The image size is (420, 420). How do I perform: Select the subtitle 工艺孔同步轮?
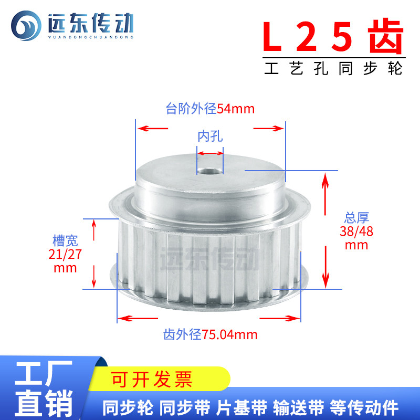point(334,69)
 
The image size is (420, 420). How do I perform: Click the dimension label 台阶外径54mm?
point(210,109)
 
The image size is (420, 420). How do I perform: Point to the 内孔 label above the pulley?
point(210,137)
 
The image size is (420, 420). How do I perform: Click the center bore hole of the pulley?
point(209,170)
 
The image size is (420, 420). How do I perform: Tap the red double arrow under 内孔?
point(210,153)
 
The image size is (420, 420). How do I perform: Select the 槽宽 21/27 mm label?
point(66,254)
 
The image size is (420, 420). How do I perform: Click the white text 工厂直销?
point(45,390)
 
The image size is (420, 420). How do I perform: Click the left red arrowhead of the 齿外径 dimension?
point(122,318)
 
